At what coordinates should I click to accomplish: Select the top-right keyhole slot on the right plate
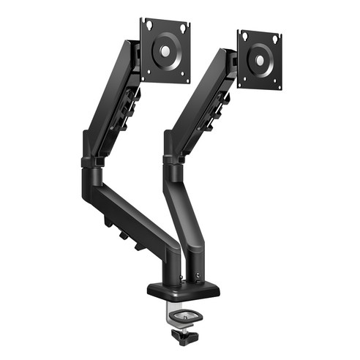tap(276, 39)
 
